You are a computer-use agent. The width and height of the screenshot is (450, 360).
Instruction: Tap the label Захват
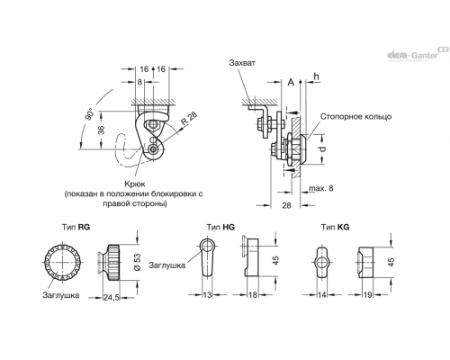click(x=242, y=63)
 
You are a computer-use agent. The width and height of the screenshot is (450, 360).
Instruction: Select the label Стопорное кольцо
click(x=355, y=116)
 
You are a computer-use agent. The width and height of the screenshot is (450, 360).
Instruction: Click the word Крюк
click(x=134, y=184)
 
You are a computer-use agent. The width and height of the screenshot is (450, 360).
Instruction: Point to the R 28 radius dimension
click(x=189, y=118)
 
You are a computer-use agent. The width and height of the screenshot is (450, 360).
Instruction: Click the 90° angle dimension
click(x=90, y=114)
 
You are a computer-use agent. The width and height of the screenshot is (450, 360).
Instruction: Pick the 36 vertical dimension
click(x=102, y=130)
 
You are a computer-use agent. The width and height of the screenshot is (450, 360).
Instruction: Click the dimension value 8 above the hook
click(x=139, y=82)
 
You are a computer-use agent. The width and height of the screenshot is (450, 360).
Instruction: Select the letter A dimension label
click(x=291, y=82)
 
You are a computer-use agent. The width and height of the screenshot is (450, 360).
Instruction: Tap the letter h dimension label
click(x=316, y=76)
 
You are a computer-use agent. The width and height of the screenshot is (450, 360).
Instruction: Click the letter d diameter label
click(x=322, y=148)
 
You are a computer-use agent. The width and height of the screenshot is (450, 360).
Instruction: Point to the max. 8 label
click(x=321, y=188)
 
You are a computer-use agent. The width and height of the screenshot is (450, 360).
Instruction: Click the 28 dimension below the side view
click(x=287, y=205)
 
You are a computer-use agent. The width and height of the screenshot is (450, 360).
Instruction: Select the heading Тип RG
click(x=76, y=227)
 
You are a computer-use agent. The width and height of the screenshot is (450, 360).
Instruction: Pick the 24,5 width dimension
click(x=112, y=297)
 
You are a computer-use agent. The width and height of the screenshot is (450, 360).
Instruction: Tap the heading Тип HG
click(x=220, y=227)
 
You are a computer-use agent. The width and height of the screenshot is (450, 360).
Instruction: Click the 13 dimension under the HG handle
click(x=207, y=295)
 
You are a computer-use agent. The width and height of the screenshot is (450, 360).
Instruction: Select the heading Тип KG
click(x=336, y=227)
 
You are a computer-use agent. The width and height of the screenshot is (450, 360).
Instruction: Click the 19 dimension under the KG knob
click(x=368, y=295)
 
